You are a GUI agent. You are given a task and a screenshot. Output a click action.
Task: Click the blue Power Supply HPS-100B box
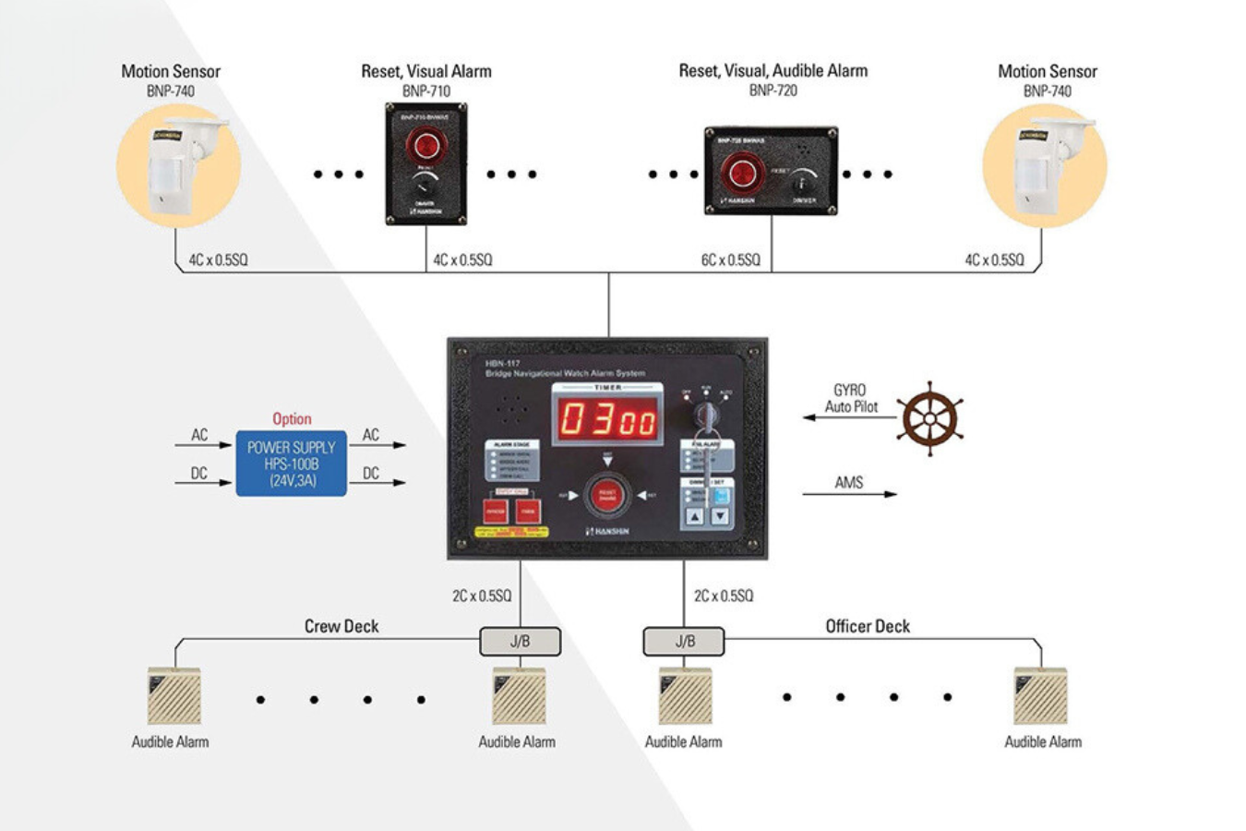click(x=291, y=464)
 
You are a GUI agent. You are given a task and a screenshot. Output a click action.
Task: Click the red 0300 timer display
click(x=608, y=420)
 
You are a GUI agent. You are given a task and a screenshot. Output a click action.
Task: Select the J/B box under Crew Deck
click(x=520, y=642)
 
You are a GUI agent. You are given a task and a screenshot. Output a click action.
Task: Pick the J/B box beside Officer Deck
click(x=684, y=642)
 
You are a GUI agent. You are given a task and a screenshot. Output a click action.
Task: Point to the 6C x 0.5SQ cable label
click(x=730, y=260)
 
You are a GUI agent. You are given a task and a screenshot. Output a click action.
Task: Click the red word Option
click(x=292, y=419)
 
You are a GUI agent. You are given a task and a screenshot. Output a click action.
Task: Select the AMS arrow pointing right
click(x=849, y=494)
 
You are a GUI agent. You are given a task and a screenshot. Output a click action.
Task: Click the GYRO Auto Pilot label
click(x=851, y=399)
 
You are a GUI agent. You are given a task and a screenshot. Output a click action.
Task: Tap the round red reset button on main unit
click(x=606, y=495)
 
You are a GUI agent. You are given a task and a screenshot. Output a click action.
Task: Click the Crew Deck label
click(x=341, y=626)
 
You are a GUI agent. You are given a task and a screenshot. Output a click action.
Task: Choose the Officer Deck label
click(x=867, y=626)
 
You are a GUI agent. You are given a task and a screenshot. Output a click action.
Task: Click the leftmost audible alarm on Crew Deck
click(x=174, y=696)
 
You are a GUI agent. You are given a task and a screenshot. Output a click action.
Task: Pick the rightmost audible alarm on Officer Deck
click(x=1040, y=696)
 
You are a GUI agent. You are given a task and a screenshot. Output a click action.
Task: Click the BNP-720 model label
click(x=773, y=90)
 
